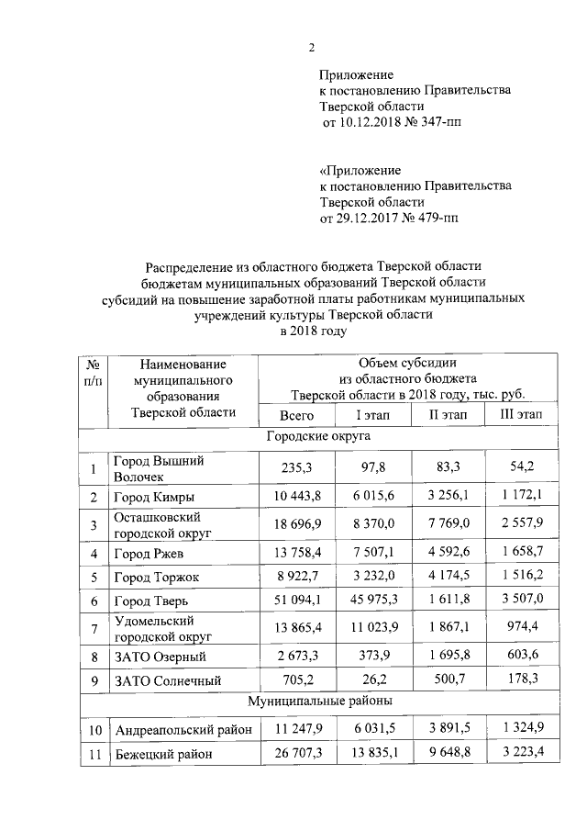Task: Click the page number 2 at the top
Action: point(312,48)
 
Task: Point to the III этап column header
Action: point(520,414)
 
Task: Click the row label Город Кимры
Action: point(153,498)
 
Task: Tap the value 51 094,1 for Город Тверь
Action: point(290,602)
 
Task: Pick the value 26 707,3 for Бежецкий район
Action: point(290,754)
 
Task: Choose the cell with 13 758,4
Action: point(290,551)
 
